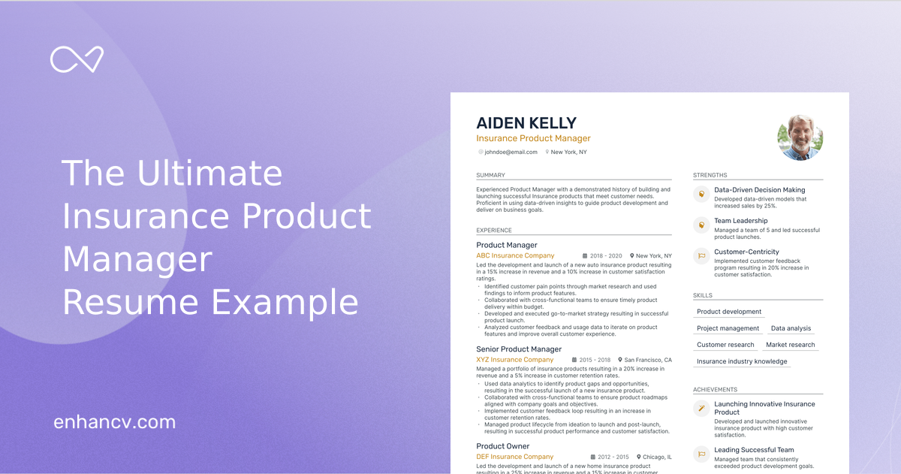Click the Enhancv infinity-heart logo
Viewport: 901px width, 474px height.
pos(77,59)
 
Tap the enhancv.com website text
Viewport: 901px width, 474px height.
pos(114,422)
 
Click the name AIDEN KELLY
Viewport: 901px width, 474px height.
pos(526,123)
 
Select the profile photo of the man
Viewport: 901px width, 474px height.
pos(800,137)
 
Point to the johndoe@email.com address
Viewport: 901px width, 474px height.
pos(511,152)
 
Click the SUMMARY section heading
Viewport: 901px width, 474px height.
pos(490,176)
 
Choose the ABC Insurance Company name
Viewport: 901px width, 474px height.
pos(515,256)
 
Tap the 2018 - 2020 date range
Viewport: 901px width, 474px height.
pos(607,256)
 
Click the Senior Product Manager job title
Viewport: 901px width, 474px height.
pos(519,349)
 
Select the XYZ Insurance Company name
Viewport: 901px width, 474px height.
pos(514,360)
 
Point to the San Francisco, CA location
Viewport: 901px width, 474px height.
pos(648,360)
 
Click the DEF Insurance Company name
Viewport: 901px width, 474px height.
pos(514,457)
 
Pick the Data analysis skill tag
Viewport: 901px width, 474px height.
pos(791,328)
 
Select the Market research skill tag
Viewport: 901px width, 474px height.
pos(790,345)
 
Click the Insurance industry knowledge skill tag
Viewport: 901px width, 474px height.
pos(742,361)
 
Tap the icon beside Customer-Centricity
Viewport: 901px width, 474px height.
pos(701,255)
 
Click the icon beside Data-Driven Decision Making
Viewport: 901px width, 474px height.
pos(701,194)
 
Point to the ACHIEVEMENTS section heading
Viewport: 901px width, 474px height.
pos(715,390)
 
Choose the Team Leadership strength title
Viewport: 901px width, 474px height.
pos(740,221)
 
